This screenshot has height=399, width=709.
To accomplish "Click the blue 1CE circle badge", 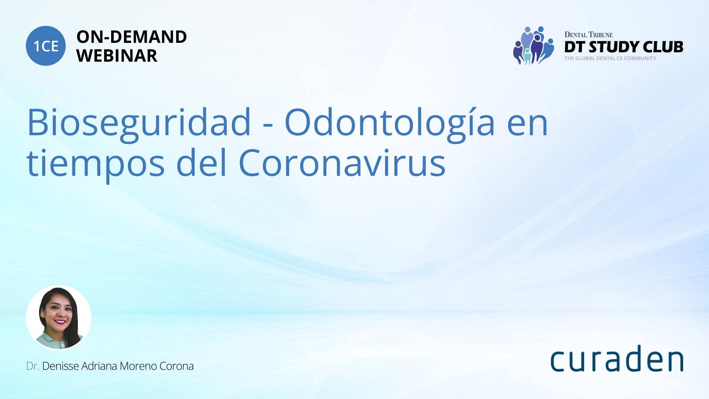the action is coord(46,46).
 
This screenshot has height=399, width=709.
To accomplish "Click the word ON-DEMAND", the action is coord(131,37).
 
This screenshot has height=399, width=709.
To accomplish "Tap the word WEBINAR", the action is coord(117,56).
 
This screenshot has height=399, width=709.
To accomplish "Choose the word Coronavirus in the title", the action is coord(342,162).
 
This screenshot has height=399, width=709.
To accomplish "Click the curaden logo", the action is coord(617,358).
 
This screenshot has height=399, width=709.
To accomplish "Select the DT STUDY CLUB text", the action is coord(624,47).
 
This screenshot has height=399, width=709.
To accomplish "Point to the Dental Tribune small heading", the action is coord(589,35).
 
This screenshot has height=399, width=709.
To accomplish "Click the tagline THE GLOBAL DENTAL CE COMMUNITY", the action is coord(610,58).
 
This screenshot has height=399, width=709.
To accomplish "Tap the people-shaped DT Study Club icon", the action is coord(534,45).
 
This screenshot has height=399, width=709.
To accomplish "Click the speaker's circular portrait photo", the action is coord(59,317).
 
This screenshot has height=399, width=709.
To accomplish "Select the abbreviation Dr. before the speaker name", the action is coord(32,366).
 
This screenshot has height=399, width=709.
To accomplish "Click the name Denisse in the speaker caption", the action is coord(61,366).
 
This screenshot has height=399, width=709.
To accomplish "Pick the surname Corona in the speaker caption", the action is coord(177,366).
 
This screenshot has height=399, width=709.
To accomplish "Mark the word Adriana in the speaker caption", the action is coord(99,366).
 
